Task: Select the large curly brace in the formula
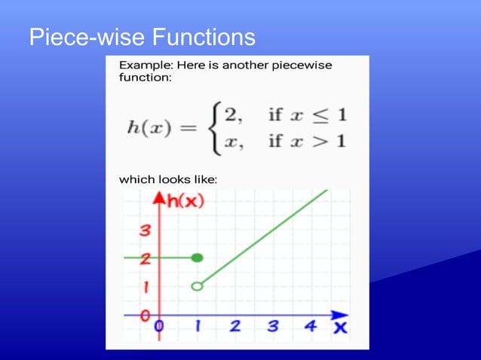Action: [216, 129]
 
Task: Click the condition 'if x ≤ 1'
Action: [307, 115]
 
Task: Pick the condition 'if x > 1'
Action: [307, 142]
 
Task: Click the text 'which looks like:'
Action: [168, 179]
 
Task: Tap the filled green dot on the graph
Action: [198, 258]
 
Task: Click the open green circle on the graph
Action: [198, 286]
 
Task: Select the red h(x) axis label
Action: [185, 201]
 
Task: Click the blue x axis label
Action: [340, 328]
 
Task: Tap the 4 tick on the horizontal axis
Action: [310, 327]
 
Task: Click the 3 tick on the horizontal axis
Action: [272, 327]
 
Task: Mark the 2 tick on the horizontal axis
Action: [234, 327]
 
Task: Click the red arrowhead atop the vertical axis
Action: [159, 198]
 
